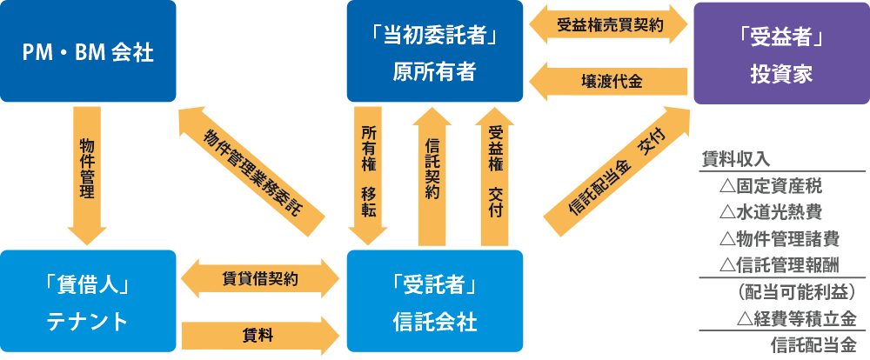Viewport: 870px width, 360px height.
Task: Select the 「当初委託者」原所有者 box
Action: (x=434, y=52)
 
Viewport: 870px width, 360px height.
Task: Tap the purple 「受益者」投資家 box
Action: (x=780, y=52)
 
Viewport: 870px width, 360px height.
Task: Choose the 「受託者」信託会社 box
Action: (x=434, y=303)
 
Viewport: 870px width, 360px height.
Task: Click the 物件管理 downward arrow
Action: (x=87, y=174)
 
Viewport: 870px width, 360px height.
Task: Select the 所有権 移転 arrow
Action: (x=370, y=174)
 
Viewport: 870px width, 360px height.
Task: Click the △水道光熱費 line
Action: (x=770, y=211)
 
